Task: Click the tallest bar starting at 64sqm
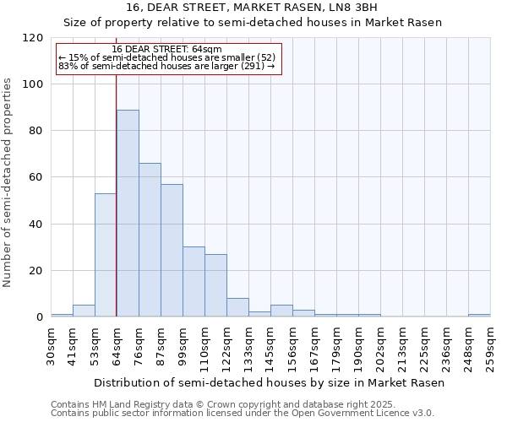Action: pyautogui.click(x=128, y=214)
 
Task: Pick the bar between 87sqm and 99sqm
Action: pyautogui.click(x=172, y=251)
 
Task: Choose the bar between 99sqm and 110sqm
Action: pyautogui.click(x=194, y=282)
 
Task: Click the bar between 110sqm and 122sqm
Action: pyautogui.click(x=215, y=285)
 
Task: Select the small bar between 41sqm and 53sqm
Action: pyautogui.click(x=84, y=311)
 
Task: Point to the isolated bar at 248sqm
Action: pyautogui.click(x=479, y=315)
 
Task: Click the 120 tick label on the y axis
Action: pyautogui.click(x=34, y=38)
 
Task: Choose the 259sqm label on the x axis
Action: pyautogui.click(x=491, y=347)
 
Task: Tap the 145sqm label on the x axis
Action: pyautogui.click(x=271, y=347)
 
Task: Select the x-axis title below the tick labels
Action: pyautogui.click(x=269, y=382)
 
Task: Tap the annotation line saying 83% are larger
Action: pyautogui.click(x=166, y=66)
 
